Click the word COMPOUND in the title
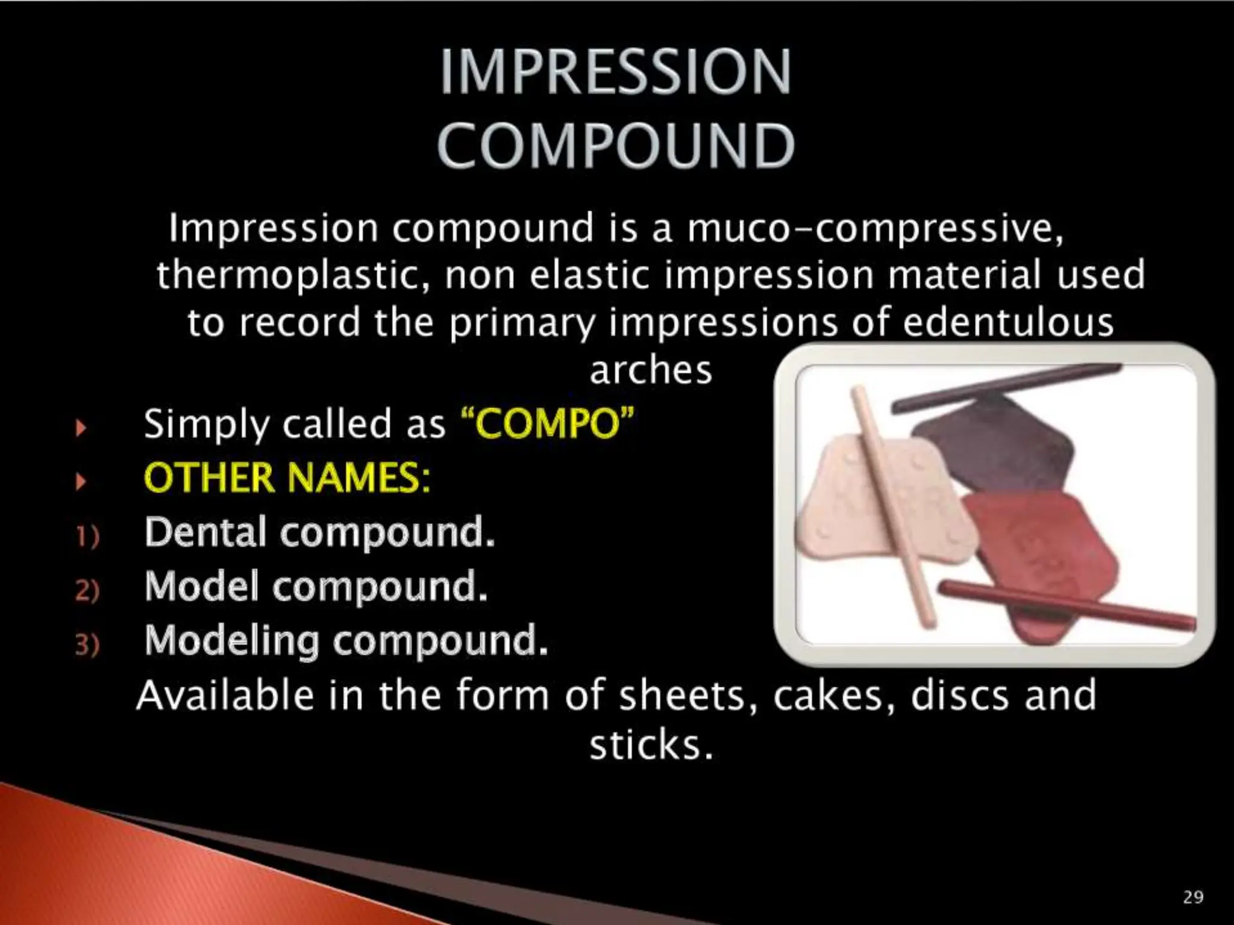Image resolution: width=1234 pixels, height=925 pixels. click(x=615, y=146)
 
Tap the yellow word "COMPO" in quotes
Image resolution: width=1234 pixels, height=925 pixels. click(x=547, y=423)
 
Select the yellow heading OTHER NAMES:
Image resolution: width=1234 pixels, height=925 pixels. click(x=287, y=478)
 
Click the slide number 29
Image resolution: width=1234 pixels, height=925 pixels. click(x=1192, y=897)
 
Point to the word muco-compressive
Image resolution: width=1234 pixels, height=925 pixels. click(x=875, y=229)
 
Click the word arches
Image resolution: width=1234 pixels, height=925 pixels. click(x=651, y=369)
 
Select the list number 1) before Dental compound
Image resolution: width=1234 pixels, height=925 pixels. click(x=87, y=535)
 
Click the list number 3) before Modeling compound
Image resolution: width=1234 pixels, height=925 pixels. click(x=87, y=644)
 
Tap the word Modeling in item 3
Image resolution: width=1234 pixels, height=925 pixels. click(x=232, y=640)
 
